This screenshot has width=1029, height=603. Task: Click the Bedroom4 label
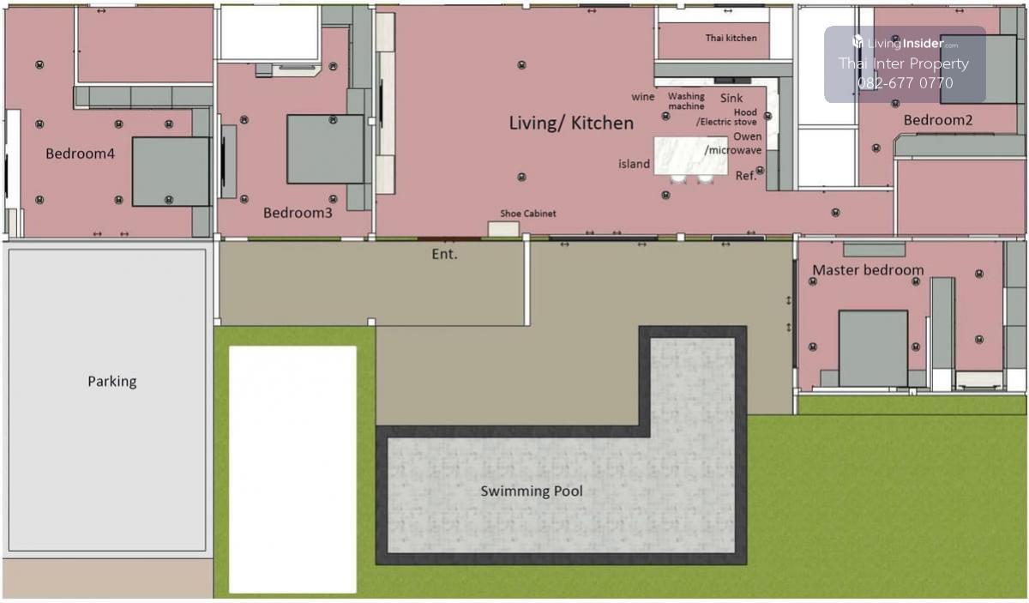click(x=80, y=154)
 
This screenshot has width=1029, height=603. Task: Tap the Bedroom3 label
click(x=298, y=213)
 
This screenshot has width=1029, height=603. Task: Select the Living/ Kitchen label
click(x=571, y=124)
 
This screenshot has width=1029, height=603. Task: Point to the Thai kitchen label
click(x=731, y=38)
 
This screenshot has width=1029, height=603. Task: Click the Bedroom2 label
click(x=937, y=120)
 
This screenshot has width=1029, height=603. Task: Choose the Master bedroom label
click(x=868, y=270)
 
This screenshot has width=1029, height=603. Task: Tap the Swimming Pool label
click(x=532, y=491)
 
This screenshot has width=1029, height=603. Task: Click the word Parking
click(x=112, y=382)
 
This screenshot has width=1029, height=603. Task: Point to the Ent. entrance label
click(x=444, y=254)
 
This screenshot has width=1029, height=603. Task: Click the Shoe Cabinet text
click(x=528, y=214)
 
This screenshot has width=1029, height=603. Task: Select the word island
click(x=634, y=164)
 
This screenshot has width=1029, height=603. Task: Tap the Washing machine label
click(x=686, y=101)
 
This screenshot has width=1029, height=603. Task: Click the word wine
click(x=642, y=97)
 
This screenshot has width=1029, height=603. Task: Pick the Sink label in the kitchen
click(x=731, y=98)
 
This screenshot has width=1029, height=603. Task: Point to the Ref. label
click(x=745, y=176)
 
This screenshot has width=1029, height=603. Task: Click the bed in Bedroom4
click(x=171, y=172)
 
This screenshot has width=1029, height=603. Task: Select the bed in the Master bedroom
click(x=873, y=348)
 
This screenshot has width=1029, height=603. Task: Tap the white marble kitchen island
click(x=690, y=155)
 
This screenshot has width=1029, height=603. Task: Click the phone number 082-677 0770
click(x=905, y=82)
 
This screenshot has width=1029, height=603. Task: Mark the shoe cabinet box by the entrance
click(x=503, y=229)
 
